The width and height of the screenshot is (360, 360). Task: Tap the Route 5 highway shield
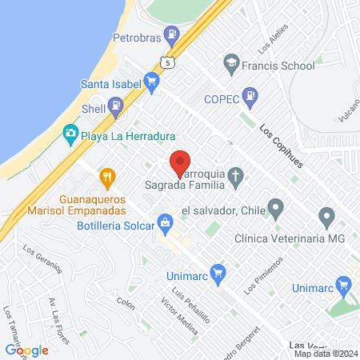click(166, 62)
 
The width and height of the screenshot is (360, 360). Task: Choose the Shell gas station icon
click(116, 105)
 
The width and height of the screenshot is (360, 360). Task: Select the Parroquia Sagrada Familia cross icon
click(236, 174)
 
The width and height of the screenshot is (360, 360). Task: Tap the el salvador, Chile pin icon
click(276, 211)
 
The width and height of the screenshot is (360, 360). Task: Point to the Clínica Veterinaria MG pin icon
click(326, 216)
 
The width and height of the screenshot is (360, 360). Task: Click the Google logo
click(27, 350)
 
